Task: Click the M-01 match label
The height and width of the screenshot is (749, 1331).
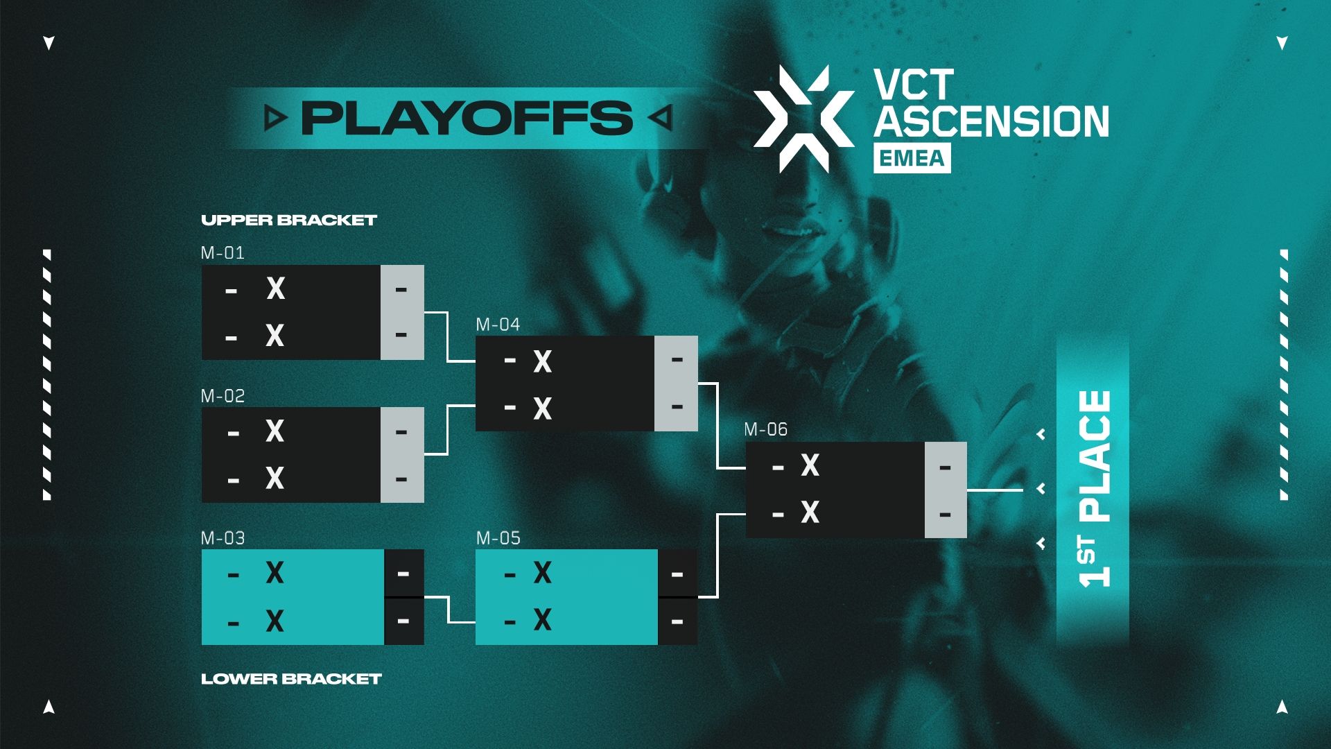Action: (x=223, y=253)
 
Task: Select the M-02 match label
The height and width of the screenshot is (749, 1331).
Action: (x=223, y=396)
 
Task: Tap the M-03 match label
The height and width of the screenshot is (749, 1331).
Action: (x=223, y=538)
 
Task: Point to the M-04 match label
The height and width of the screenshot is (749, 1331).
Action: (x=498, y=325)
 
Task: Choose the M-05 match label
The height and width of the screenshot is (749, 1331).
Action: (x=498, y=538)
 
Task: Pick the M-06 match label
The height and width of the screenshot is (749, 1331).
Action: (x=765, y=430)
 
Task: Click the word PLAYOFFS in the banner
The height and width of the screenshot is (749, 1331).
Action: (x=467, y=118)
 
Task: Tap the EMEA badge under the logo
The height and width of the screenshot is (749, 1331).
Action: (x=912, y=159)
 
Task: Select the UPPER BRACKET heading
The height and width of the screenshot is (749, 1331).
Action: (x=288, y=221)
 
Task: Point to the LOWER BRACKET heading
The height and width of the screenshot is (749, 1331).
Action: (x=291, y=679)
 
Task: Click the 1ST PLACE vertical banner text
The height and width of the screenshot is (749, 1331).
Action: (x=1094, y=489)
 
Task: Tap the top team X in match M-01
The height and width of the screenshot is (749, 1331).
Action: (x=276, y=289)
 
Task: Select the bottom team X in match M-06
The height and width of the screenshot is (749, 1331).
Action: (x=810, y=513)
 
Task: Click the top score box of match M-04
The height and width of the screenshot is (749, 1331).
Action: (x=677, y=360)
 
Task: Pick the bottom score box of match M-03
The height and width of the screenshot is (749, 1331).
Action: (x=403, y=621)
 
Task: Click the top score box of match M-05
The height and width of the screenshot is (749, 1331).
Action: (x=677, y=574)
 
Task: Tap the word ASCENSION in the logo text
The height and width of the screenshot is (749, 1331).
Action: (x=991, y=122)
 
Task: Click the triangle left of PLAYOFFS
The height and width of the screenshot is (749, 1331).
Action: (x=275, y=119)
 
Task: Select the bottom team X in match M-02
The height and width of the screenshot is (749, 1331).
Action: (x=275, y=479)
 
